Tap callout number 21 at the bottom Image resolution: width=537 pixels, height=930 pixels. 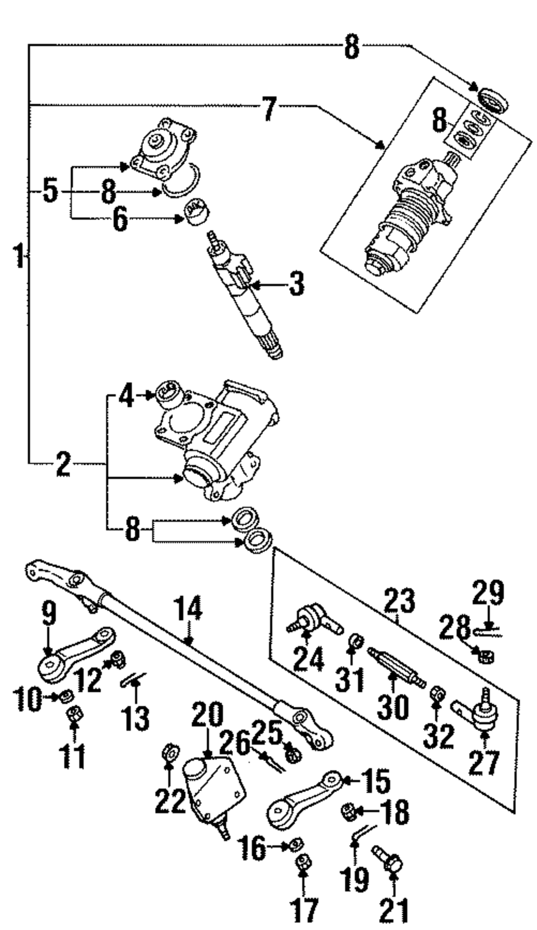tap(395, 911)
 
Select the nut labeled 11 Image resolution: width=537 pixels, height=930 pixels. tap(72, 715)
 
